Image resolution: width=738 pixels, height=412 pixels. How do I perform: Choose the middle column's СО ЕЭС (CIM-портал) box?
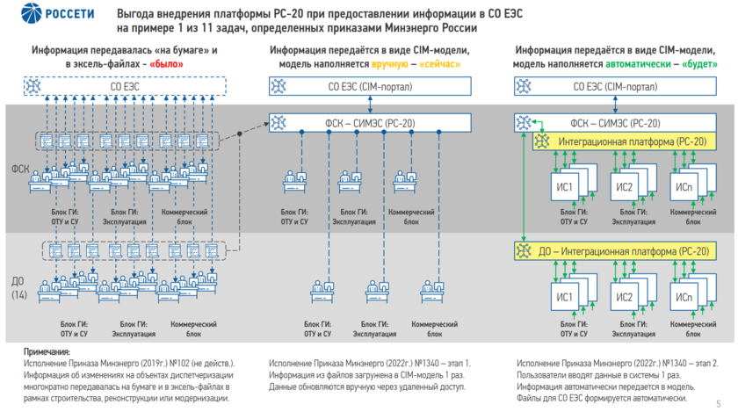[x=370, y=86]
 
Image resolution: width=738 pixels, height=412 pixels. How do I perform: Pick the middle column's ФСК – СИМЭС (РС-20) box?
[x=370, y=123]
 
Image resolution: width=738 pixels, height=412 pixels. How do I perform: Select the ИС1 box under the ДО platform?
[x=564, y=295]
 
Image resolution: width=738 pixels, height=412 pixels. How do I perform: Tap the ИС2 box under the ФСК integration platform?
[x=624, y=188]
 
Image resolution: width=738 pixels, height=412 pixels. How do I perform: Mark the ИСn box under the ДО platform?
[x=684, y=295]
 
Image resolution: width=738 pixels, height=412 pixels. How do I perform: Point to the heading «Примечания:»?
[x=47, y=351]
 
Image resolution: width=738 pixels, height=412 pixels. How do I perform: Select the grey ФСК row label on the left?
[x=18, y=167]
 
